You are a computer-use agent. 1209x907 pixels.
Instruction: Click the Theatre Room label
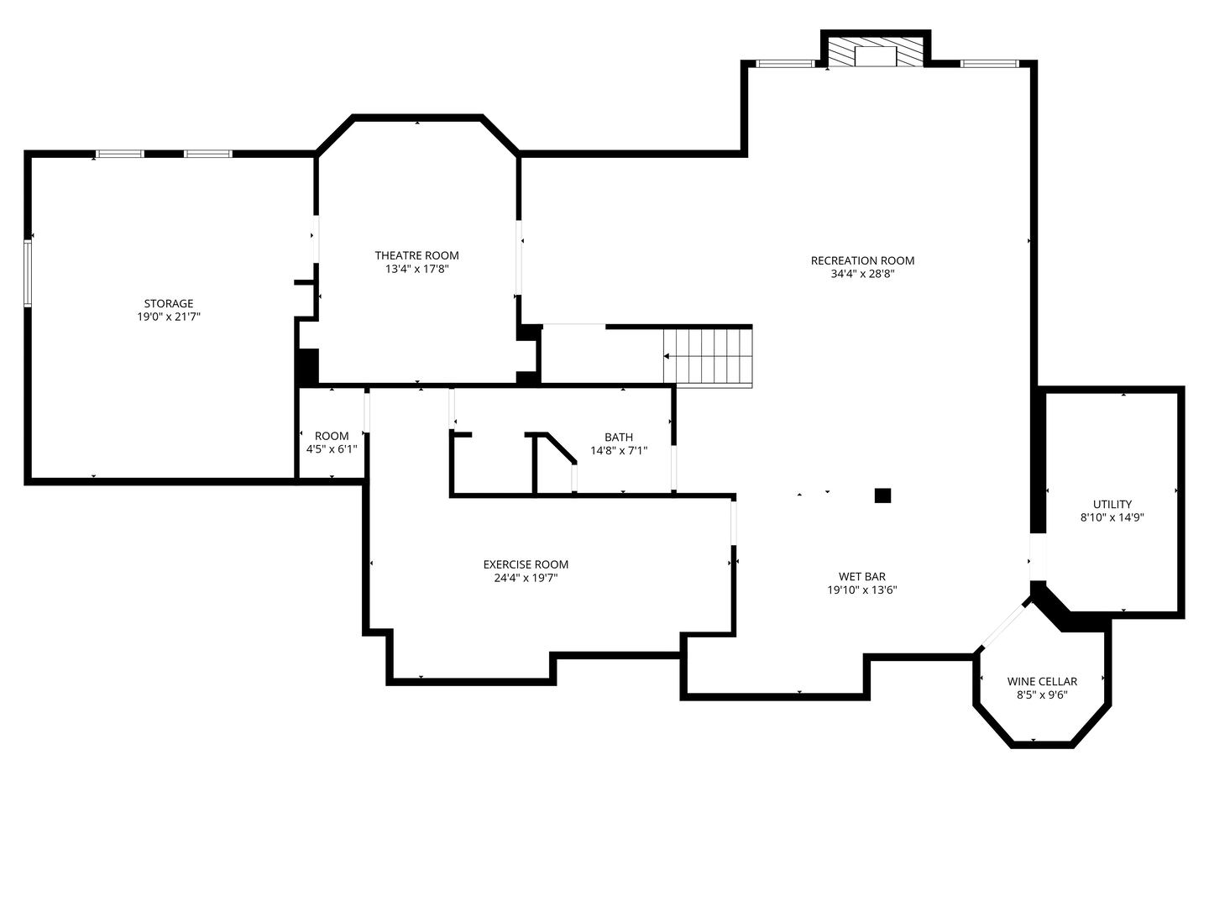tap(417, 255)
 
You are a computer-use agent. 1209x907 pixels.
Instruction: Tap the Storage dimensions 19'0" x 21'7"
tap(169, 317)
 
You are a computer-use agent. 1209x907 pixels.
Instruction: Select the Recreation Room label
tap(862, 260)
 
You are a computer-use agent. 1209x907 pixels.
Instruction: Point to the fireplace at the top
tap(876, 52)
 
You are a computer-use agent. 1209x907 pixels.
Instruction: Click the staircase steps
tap(708, 356)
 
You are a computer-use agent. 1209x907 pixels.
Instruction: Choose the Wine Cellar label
tap(1042, 681)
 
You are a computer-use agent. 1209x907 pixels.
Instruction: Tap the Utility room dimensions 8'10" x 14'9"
tap(1112, 517)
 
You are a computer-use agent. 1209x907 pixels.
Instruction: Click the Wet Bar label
tap(862, 577)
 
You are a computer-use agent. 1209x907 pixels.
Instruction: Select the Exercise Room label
tap(526, 564)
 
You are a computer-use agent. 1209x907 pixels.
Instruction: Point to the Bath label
tap(619, 438)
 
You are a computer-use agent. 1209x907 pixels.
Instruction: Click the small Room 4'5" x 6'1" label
tap(332, 443)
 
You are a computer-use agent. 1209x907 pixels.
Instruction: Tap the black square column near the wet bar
tap(882, 495)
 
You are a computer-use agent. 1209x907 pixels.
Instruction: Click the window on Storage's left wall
tap(28, 273)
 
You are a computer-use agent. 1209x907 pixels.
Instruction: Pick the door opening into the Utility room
tap(1038, 557)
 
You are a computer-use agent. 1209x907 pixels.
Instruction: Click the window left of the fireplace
tap(786, 64)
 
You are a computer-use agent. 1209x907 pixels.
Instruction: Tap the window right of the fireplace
tap(990, 64)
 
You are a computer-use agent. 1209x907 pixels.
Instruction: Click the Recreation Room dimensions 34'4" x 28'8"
tap(862, 275)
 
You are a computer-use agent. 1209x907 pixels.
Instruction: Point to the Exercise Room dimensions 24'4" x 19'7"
tap(526, 579)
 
